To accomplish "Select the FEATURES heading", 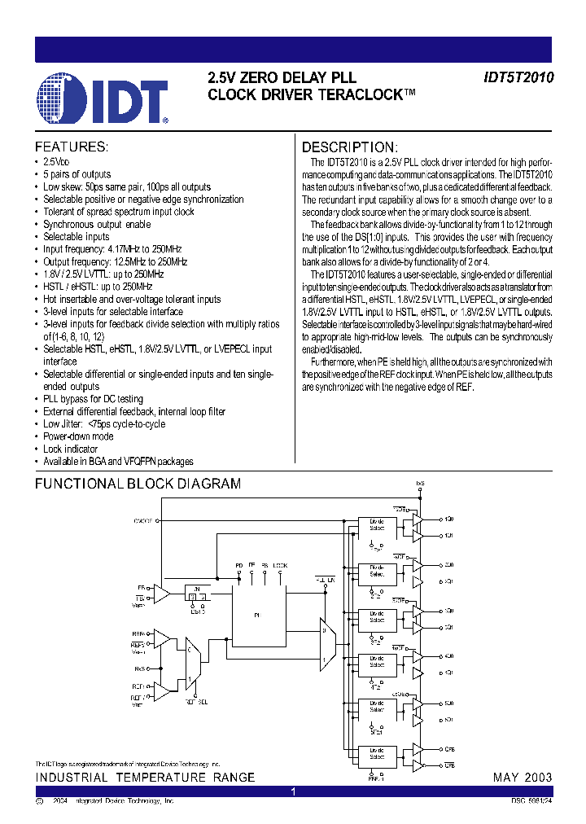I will click(x=71, y=147).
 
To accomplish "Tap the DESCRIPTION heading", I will click(x=350, y=147).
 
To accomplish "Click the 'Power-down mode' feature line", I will click(x=78, y=437).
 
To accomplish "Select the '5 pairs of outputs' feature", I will click(x=77, y=174).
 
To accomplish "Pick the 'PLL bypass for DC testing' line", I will click(x=93, y=400).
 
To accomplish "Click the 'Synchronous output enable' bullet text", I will click(x=97, y=225).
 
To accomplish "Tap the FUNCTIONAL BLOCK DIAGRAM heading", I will click(x=138, y=484).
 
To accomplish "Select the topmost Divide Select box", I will click(x=377, y=526).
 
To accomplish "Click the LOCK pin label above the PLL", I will click(x=280, y=564).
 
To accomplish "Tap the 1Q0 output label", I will click(x=449, y=518).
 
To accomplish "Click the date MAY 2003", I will click(x=523, y=778).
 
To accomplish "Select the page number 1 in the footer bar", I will click(x=294, y=791).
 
